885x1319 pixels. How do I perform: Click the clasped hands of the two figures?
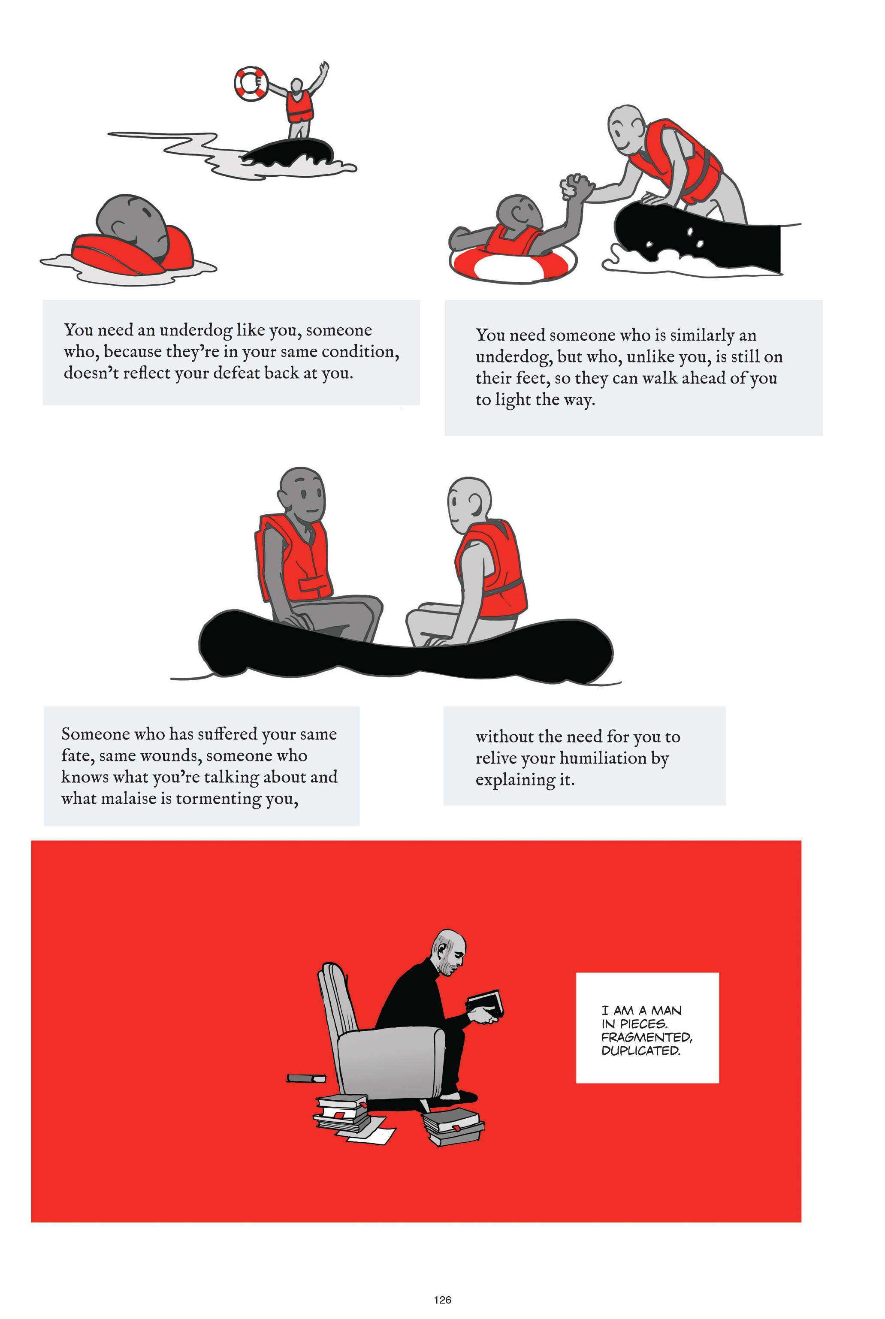coord(576,186)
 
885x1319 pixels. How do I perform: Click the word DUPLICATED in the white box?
coord(640,1050)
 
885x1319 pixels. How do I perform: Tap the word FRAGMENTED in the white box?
coord(646,1037)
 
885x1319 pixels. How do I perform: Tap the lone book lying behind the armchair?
coord(306,1078)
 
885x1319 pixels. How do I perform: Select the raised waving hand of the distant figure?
coord(323,69)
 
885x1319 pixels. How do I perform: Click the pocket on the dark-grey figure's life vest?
coord(314,588)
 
